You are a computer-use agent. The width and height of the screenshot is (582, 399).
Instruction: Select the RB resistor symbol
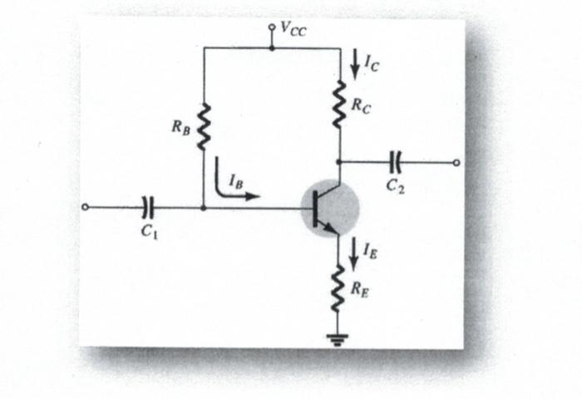tap(204, 127)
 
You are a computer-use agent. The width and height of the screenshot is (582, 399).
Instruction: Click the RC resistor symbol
tap(338, 106)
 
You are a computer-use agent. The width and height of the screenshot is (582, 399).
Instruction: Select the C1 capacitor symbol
tap(149, 207)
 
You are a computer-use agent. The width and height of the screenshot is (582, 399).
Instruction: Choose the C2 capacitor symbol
tap(396, 162)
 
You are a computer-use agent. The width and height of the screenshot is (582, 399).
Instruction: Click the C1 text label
tap(149, 233)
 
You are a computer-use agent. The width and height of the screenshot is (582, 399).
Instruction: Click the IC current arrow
tap(356, 64)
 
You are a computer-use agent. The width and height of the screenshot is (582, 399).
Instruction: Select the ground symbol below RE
tap(338, 340)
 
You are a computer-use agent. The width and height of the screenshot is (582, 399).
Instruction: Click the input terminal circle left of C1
tap(85, 207)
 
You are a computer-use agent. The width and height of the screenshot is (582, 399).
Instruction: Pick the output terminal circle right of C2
tap(456, 162)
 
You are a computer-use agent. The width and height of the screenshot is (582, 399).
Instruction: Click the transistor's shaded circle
tap(330, 209)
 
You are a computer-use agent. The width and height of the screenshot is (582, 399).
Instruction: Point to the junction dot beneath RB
tap(204, 207)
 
